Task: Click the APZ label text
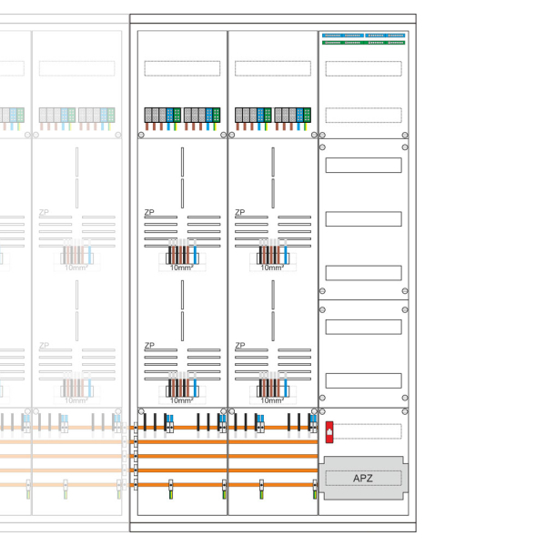click(x=363, y=479)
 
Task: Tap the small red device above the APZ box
click(x=329, y=431)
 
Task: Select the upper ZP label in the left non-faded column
click(x=149, y=213)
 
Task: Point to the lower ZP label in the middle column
click(x=240, y=346)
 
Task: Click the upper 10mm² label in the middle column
click(x=272, y=268)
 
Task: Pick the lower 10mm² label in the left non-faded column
click(x=182, y=400)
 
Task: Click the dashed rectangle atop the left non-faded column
click(x=182, y=68)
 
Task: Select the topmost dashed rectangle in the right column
click(x=363, y=68)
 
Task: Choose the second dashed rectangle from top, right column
click(x=363, y=115)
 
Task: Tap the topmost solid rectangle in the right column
click(x=363, y=165)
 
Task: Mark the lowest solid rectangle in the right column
click(x=363, y=380)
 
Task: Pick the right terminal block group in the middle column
click(x=295, y=116)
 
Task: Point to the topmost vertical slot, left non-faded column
click(x=182, y=161)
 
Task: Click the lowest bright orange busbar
click(x=227, y=484)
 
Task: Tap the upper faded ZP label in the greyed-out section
click(x=44, y=213)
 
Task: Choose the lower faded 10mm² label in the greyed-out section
click(x=76, y=400)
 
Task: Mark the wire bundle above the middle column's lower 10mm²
click(x=272, y=387)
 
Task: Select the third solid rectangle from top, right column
click(x=363, y=273)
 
